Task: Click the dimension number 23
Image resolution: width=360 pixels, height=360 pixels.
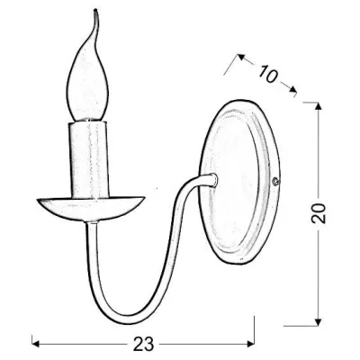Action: coord(143,343)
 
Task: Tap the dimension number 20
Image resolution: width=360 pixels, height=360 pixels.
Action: coord(319,213)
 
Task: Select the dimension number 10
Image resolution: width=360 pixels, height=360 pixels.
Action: coord(267,74)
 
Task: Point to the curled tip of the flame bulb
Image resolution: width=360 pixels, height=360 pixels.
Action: coord(95,11)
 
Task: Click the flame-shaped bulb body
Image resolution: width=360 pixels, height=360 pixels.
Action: coord(87,87)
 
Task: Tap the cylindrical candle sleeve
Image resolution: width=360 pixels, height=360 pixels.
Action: coord(87,159)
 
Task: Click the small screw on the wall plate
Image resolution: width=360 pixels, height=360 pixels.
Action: coord(275,181)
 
